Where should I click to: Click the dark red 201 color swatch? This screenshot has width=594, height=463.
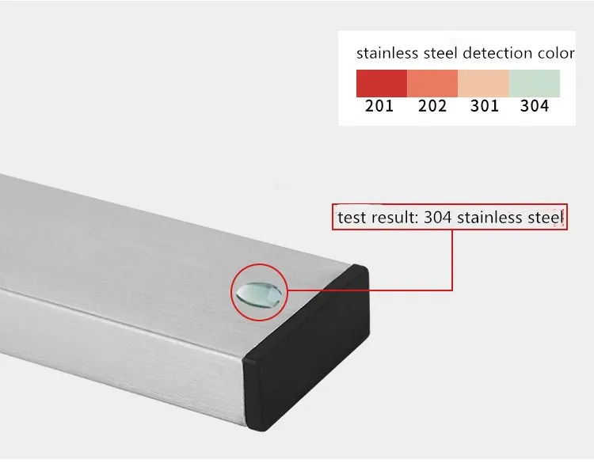click(382, 83)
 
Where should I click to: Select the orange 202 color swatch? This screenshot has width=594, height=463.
click(432, 83)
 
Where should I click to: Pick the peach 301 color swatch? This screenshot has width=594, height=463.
click(483, 83)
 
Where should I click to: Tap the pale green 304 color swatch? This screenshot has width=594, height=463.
click(534, 83)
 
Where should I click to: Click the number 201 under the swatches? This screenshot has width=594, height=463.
click(379, 106)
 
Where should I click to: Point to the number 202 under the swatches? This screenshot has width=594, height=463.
click(432, 106)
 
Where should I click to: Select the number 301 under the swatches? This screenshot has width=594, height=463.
click(485, 106)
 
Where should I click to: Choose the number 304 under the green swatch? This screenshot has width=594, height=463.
click(535, 106)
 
